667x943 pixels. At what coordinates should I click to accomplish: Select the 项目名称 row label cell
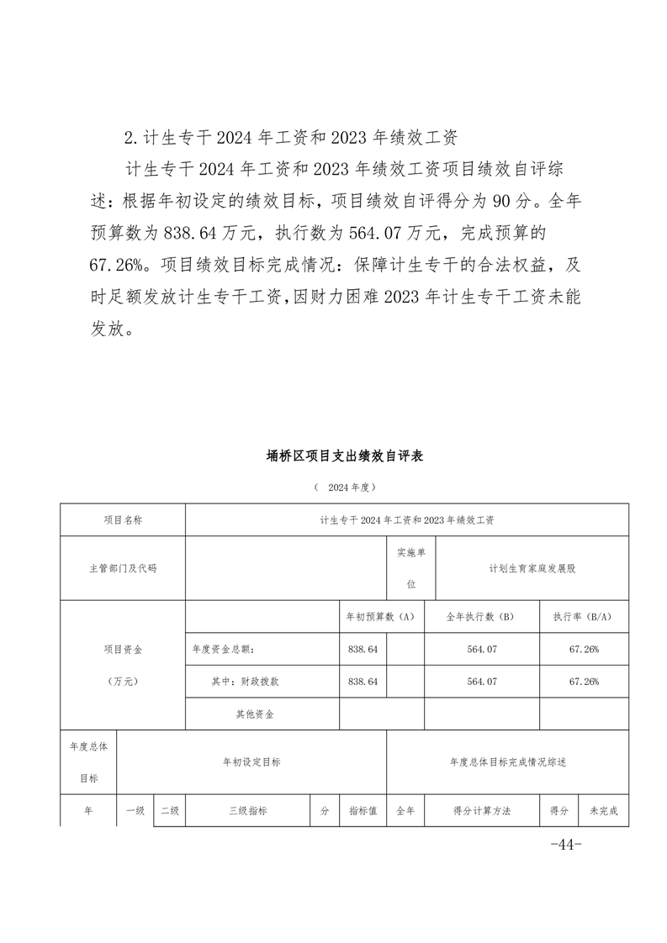coord(123,520)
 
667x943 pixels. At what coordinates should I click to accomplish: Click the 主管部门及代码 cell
coord(123,568)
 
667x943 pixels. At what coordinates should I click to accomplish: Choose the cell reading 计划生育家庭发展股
coord(532,568)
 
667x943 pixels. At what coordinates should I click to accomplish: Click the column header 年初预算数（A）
coord(381,617)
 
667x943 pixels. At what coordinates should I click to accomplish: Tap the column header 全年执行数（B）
coord(481,617)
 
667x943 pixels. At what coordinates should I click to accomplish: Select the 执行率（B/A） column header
coord(583,617)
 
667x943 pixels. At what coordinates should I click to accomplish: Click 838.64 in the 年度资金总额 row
coord(363,649)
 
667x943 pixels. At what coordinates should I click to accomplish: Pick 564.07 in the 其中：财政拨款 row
coord(481,682)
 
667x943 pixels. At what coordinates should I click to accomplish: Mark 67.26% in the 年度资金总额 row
coord(583,649)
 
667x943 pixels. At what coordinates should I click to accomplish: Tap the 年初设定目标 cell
coord(251,762)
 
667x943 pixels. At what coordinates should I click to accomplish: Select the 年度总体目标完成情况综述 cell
coord(508,762)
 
